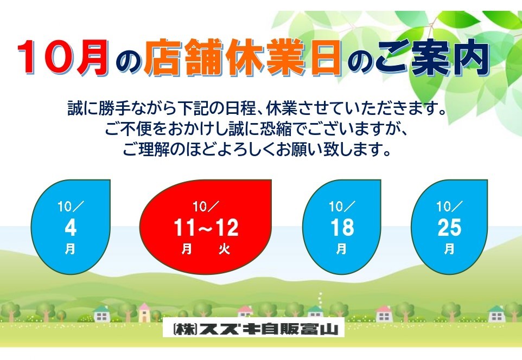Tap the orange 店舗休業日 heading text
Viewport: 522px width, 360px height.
(243, 57)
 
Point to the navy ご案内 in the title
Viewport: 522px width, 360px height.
(433, 57)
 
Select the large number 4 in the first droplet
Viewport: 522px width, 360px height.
(71, 228)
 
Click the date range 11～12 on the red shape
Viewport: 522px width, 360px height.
(206, 228)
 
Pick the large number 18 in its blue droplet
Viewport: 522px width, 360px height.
(342, 228)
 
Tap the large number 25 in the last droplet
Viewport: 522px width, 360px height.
(449, 228)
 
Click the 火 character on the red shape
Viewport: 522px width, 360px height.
(225, 249)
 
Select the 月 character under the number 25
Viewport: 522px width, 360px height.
(449, 249)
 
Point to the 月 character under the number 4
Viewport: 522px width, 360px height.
(70, 249)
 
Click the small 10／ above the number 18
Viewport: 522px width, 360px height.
(341, 207)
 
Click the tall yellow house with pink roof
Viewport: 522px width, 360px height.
(144, 312)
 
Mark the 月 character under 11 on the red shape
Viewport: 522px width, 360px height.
(187, 249)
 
